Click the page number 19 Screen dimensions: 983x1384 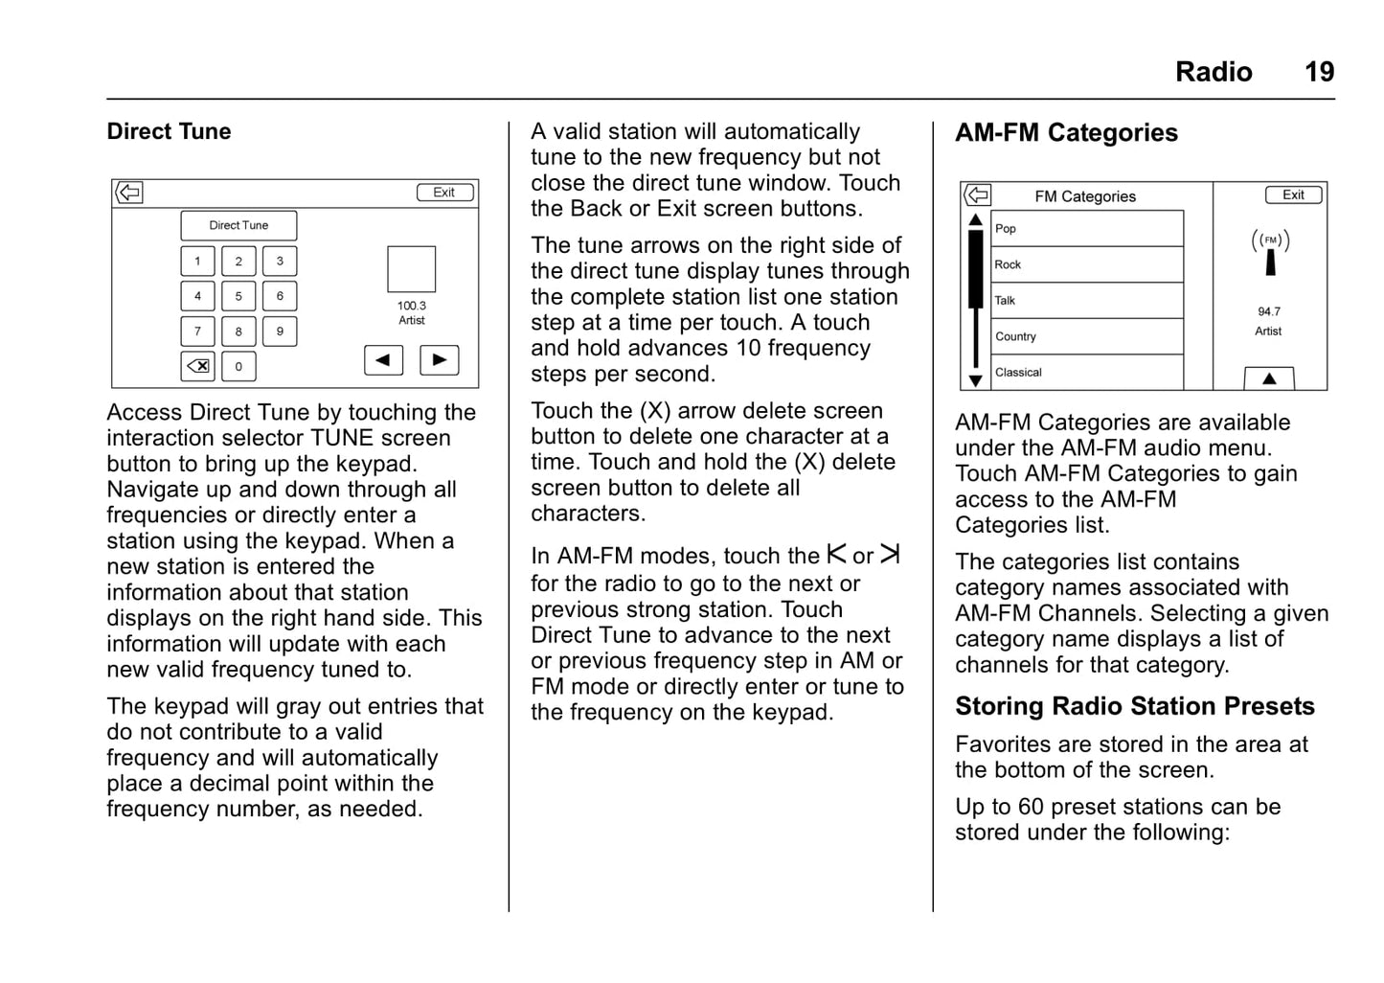[1319, 72]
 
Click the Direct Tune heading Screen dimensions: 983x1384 [169, 131]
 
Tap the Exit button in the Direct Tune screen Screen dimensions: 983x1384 [444, 193]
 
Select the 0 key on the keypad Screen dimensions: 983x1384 [238, 366]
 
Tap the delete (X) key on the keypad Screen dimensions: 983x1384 [198, 366]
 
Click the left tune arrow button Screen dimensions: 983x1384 [383, 360]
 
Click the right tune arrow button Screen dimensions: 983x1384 [440, 360]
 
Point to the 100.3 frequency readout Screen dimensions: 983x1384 [412, 306]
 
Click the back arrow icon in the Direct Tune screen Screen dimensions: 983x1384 [129, 193]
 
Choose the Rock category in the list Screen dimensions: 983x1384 [1086, 264]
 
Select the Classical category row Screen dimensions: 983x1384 [1086, 373]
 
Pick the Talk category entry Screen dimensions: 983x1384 [1086, 301]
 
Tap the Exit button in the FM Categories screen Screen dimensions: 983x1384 [1293, 194]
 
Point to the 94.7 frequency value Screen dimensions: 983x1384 [1269, 311]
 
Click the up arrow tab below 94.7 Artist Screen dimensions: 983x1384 [1269, 378]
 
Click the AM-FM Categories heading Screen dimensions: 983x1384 [1066, 133]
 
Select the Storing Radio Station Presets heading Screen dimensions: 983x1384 [1134, 706]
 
